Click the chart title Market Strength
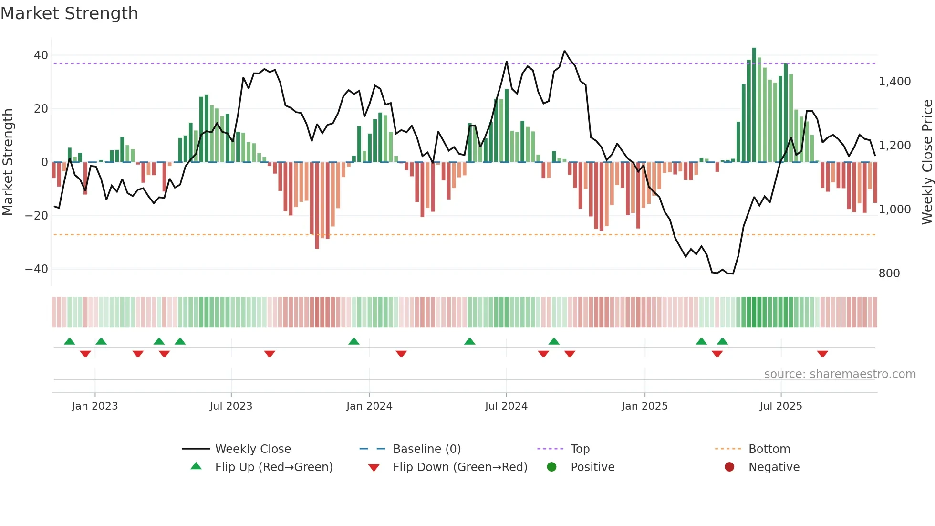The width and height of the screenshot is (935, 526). click(70, 13)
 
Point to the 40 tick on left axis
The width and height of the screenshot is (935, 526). click(41, 55)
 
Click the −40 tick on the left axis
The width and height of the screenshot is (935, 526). click(37, 269)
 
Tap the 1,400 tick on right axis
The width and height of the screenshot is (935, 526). click(894, 82)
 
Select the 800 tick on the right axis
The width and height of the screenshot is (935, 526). click(889, 274)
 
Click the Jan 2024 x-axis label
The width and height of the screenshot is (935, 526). click(369, 406)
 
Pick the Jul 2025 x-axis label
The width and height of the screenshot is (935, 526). click(780, 406)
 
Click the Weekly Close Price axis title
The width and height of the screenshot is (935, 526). click(927, 162)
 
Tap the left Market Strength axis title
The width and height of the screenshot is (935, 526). click(8, 162)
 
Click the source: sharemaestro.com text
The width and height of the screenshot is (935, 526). click(840, 374)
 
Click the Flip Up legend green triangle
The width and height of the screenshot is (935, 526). click(196, 466)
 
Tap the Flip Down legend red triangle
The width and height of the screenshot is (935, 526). click(374, 468)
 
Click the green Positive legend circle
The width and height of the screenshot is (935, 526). click(551, 467)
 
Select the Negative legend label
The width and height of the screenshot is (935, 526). click(774, 467)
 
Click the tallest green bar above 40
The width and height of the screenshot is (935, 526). click(754, 105)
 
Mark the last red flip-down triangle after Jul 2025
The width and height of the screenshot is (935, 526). click(822, 354)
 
